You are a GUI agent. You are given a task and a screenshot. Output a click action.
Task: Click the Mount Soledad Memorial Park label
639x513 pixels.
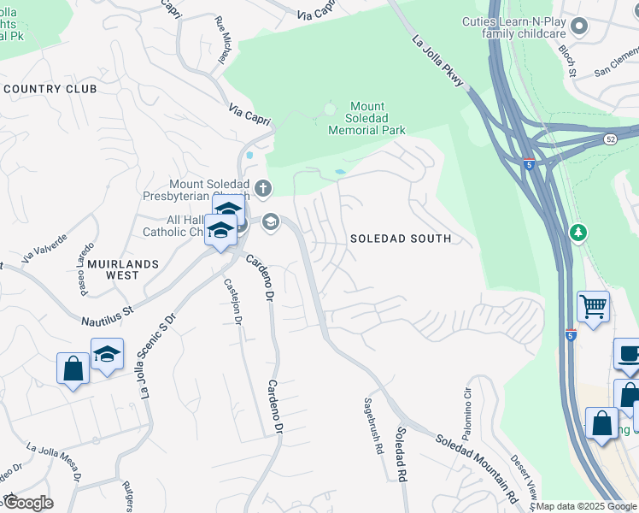tap(366, 119)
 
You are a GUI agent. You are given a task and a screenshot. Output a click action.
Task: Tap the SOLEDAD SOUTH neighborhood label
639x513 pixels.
tap(401, 239)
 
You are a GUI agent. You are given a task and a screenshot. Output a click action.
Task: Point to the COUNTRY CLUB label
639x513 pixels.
tap(50, 89)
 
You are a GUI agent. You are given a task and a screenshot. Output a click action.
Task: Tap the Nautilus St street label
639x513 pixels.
tap(108, 314)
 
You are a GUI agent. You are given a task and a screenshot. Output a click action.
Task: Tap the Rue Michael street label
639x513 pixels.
tap(224, 41)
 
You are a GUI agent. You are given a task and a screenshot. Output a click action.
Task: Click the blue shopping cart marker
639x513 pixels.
tap(593, 306)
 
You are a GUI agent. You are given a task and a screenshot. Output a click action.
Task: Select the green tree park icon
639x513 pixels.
tap(578, 233)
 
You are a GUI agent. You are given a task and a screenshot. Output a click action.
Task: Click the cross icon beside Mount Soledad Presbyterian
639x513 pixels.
tap(263, 187)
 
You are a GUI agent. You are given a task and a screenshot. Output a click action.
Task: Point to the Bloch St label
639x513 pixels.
tap(567, 60)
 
